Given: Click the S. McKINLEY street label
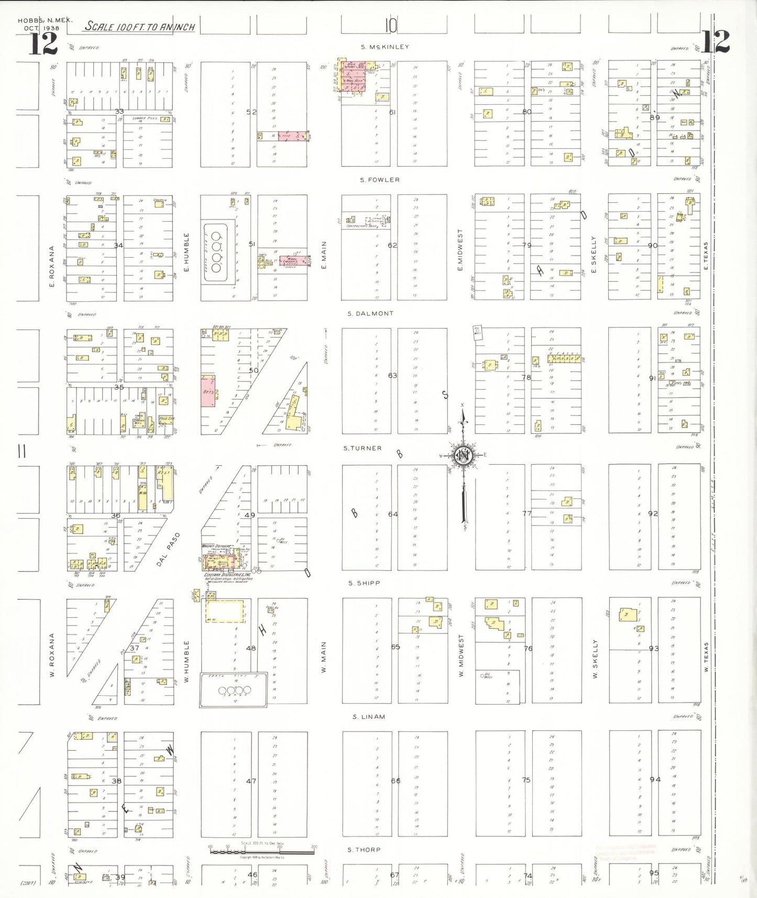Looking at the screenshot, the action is pos(385,47).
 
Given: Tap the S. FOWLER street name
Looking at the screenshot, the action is pos(380,180).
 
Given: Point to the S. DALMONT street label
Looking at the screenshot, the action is pos(370,313).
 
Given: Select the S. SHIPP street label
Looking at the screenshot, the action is pos(364,583).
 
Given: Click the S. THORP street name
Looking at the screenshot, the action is pos(364,849).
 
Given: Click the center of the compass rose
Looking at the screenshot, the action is pos(464,456).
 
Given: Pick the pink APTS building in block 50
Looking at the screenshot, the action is pos(208,391).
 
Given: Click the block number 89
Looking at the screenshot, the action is pos(654,117).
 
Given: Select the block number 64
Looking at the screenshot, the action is pos(393,514).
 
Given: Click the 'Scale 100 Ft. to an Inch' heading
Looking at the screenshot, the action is pos(140,27).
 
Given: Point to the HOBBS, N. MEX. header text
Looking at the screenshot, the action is pos(45,21).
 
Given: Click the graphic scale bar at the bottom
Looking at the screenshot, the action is pos(261,850).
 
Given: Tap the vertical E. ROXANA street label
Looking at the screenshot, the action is pos(52,266).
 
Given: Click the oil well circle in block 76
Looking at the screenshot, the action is pos(482,675).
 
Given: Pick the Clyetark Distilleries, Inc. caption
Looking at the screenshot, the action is pos(227,575).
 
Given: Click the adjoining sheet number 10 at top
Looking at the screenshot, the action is pos(391,25).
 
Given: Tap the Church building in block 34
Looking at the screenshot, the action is pos(159,204).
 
